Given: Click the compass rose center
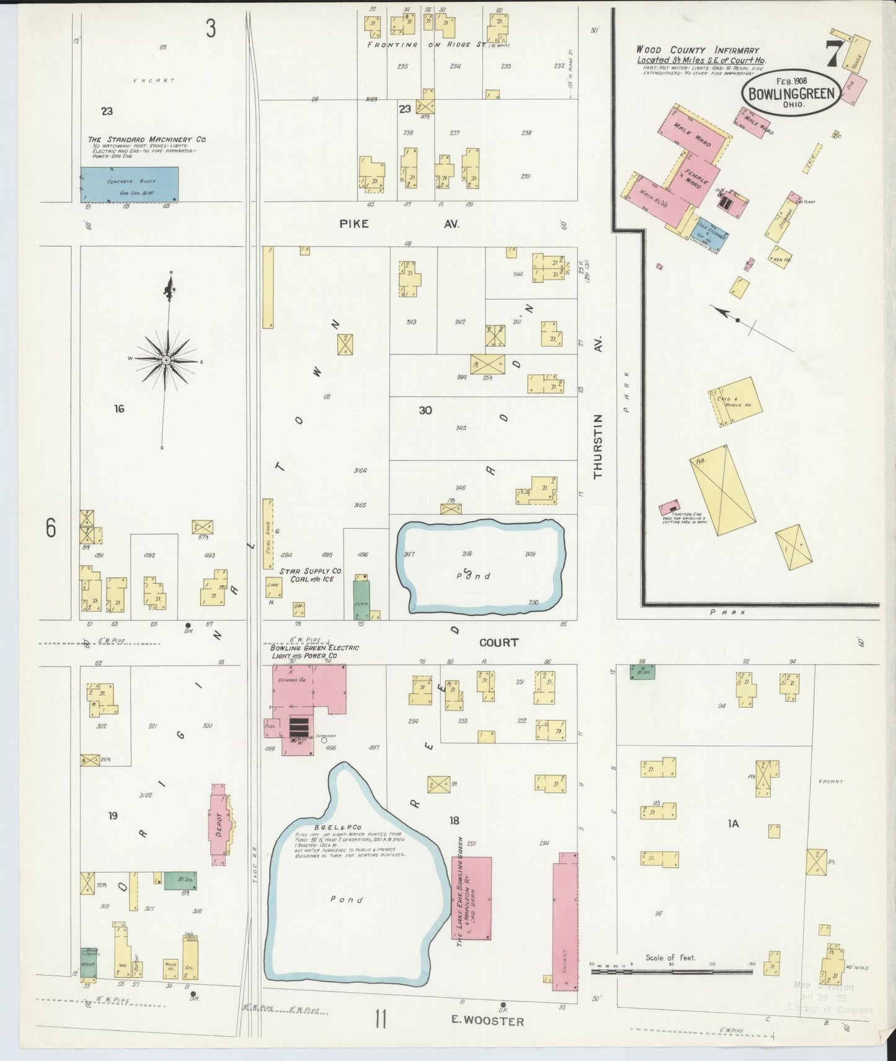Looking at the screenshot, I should point(166,360).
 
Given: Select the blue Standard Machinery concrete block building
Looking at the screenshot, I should point(130,184).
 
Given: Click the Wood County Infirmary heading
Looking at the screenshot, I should point(697,50).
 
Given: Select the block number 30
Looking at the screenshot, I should point(425,410).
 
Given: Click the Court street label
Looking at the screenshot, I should point(499,642).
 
